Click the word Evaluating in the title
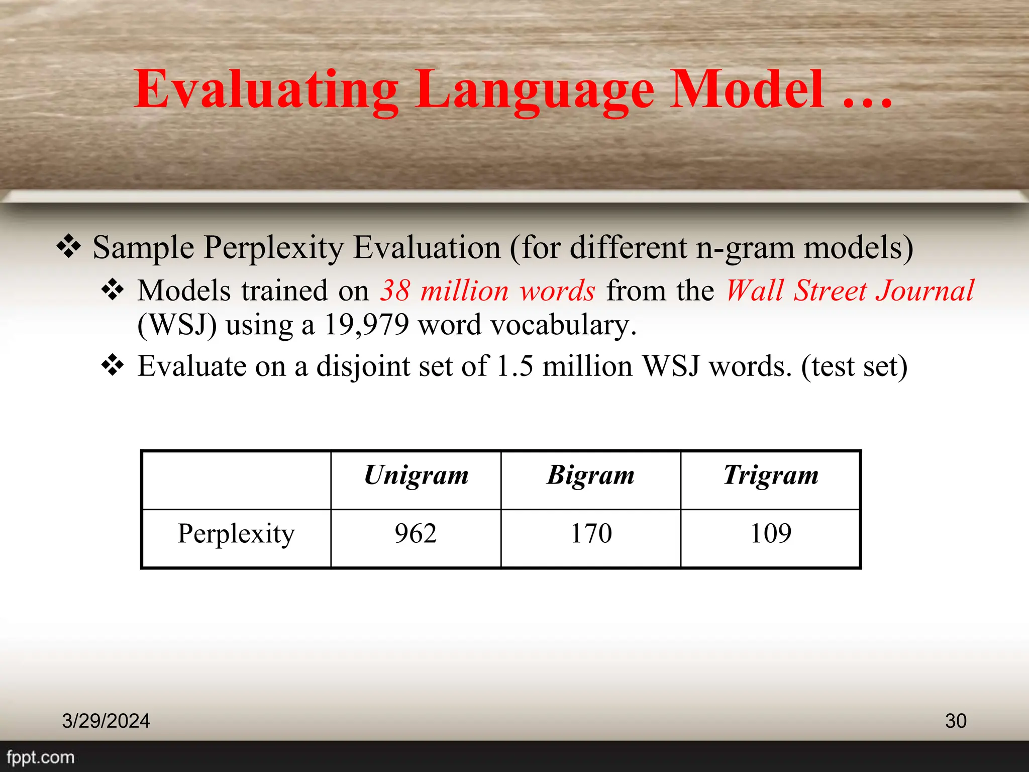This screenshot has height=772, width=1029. point(266,90)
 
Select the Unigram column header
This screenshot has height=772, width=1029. point(416,475)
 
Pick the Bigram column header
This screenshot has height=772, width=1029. point(591,475)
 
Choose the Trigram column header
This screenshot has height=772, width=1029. point(771,475)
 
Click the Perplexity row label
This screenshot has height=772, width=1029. point(236,534)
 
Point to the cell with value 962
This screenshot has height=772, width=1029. point(416,534)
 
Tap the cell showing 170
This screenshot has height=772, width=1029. point(591,534)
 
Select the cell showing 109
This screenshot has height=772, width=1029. point(771,534)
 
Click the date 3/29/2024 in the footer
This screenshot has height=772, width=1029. point(106,721)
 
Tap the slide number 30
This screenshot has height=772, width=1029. point(955,721)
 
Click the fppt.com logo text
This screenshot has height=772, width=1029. point(40,757)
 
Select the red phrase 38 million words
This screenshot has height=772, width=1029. point(487,291)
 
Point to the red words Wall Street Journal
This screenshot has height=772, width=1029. point(850,291)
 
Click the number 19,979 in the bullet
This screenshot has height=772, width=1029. point(366,325)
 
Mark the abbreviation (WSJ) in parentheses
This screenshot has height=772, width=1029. point(177,325)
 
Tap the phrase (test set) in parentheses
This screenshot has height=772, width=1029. point(854,366)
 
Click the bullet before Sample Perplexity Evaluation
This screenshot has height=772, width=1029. point(69,247)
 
